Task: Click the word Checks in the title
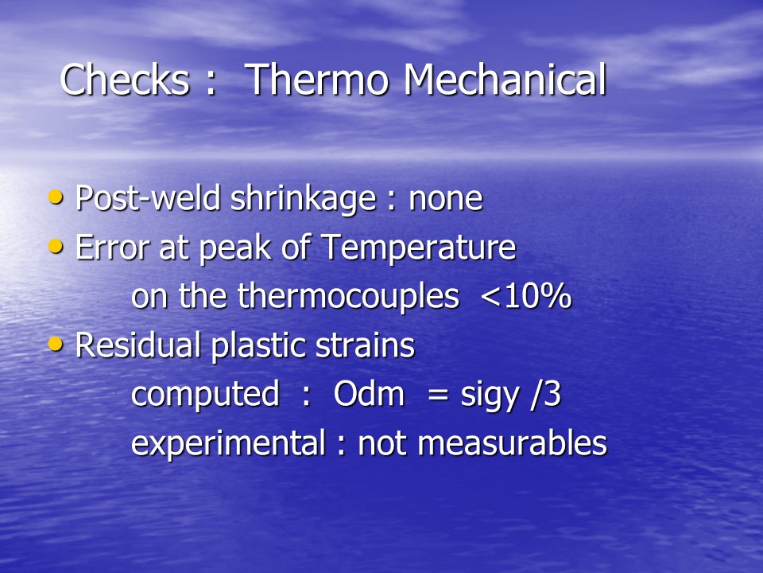point(125,79)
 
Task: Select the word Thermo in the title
point(317,79)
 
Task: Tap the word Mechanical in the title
point(505,79)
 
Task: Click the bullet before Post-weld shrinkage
point(56,197)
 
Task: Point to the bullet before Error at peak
point(56,246)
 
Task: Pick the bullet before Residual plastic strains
point(56,344)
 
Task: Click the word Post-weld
point(149,198)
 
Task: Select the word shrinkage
point(303,199)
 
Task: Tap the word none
point(446,199)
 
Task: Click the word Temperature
point(419,248)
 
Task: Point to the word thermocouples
point(348,297)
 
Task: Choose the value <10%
point(526,296)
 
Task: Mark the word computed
point(205,394)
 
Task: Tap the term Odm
point(369,394)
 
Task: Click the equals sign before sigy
point(437,395)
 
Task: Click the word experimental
point(228,443)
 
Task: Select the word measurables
point(513,443)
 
